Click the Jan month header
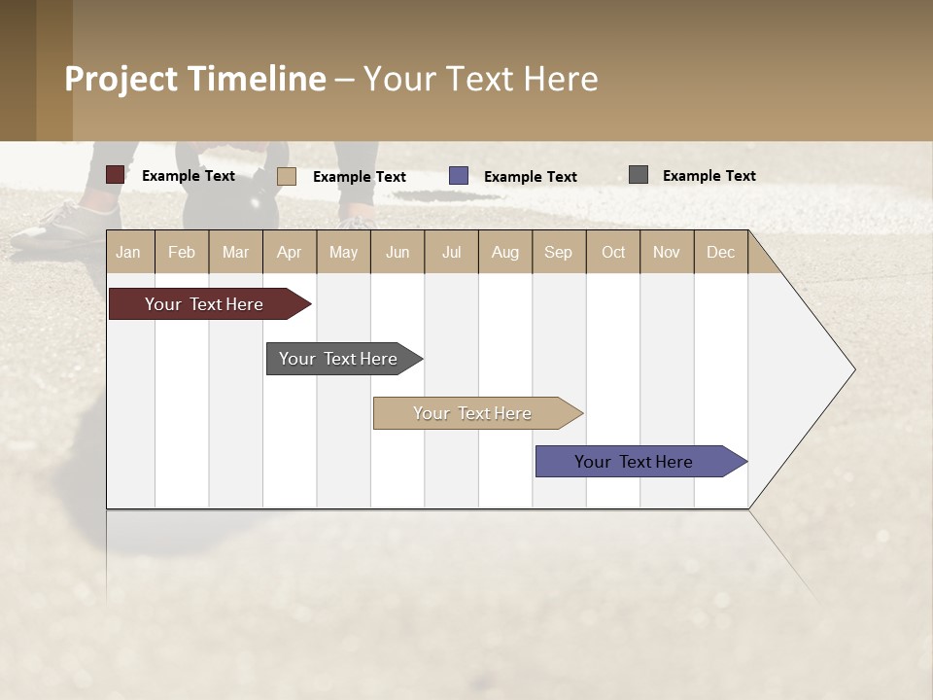(x=128, y=252)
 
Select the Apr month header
(x=290, y=252)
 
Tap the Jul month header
(x=451, y=252)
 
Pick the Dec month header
(x=720, y=252)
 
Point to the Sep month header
(x=558, y=252)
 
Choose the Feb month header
(x=182, y=252)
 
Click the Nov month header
(x=667, y=252)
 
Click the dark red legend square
(x=115, y=175)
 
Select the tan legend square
(x=286, y=176)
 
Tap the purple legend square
(x=459, y=176)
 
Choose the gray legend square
(x=638, y=175)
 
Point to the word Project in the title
(x=121, y=79)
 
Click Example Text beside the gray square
(x=708, y=176)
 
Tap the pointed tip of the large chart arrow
(x=852, y=369)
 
